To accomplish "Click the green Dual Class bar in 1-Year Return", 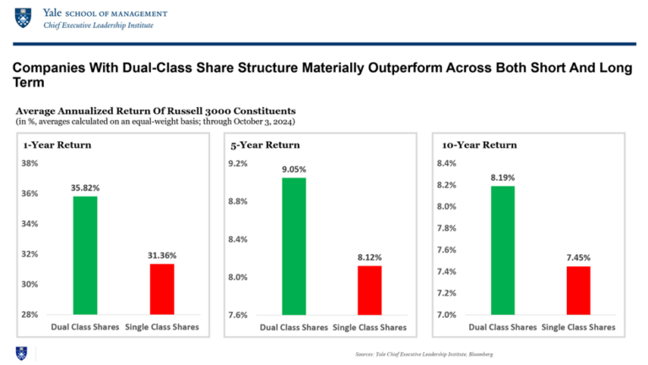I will pos(85,254).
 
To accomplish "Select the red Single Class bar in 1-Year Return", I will pos(161,288).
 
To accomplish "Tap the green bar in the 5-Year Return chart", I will pos(294,246).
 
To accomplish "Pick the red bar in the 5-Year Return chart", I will pos(370,290).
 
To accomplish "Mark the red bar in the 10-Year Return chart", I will pos(577,290).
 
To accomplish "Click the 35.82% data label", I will pos(85,188).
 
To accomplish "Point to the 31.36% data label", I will pos(161,255).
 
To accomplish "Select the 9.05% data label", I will pos(294,169).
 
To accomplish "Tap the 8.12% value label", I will pos(370,258).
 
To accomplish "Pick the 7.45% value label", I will pos(577,258).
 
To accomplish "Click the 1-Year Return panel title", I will pos(57,144).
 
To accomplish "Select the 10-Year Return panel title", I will pos(474,144).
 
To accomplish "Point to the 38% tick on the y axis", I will pos(30,163).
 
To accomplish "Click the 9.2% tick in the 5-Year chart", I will pos(238,163).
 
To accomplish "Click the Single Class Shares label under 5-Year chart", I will pos(370,327).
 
